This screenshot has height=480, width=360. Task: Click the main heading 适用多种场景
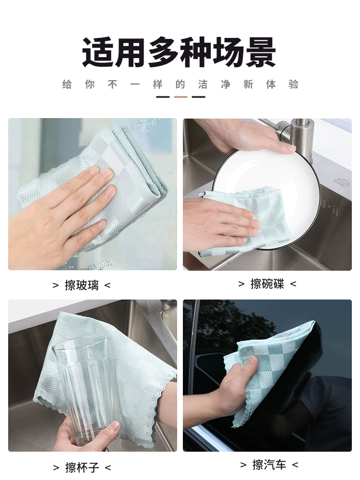click(x=179, y=52)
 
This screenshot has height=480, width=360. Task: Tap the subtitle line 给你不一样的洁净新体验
click(x=180, y=84)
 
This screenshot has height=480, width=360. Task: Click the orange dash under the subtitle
click(x=180, y=97)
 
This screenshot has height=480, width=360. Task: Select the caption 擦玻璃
click(x=82, y=285)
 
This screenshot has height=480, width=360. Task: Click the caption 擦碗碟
click(x=267, y=284)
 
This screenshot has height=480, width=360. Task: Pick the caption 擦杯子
click(x=82, y=468)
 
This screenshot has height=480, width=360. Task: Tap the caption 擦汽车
click(x=269, y=465)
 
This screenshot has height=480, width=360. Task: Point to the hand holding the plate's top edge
click(x=248, y=135)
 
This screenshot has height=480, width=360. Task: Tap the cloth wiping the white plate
click(x=245, y=224)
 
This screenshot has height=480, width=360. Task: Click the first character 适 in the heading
click(x=97, y=52)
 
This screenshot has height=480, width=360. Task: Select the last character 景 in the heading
click(x=261, y=52)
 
